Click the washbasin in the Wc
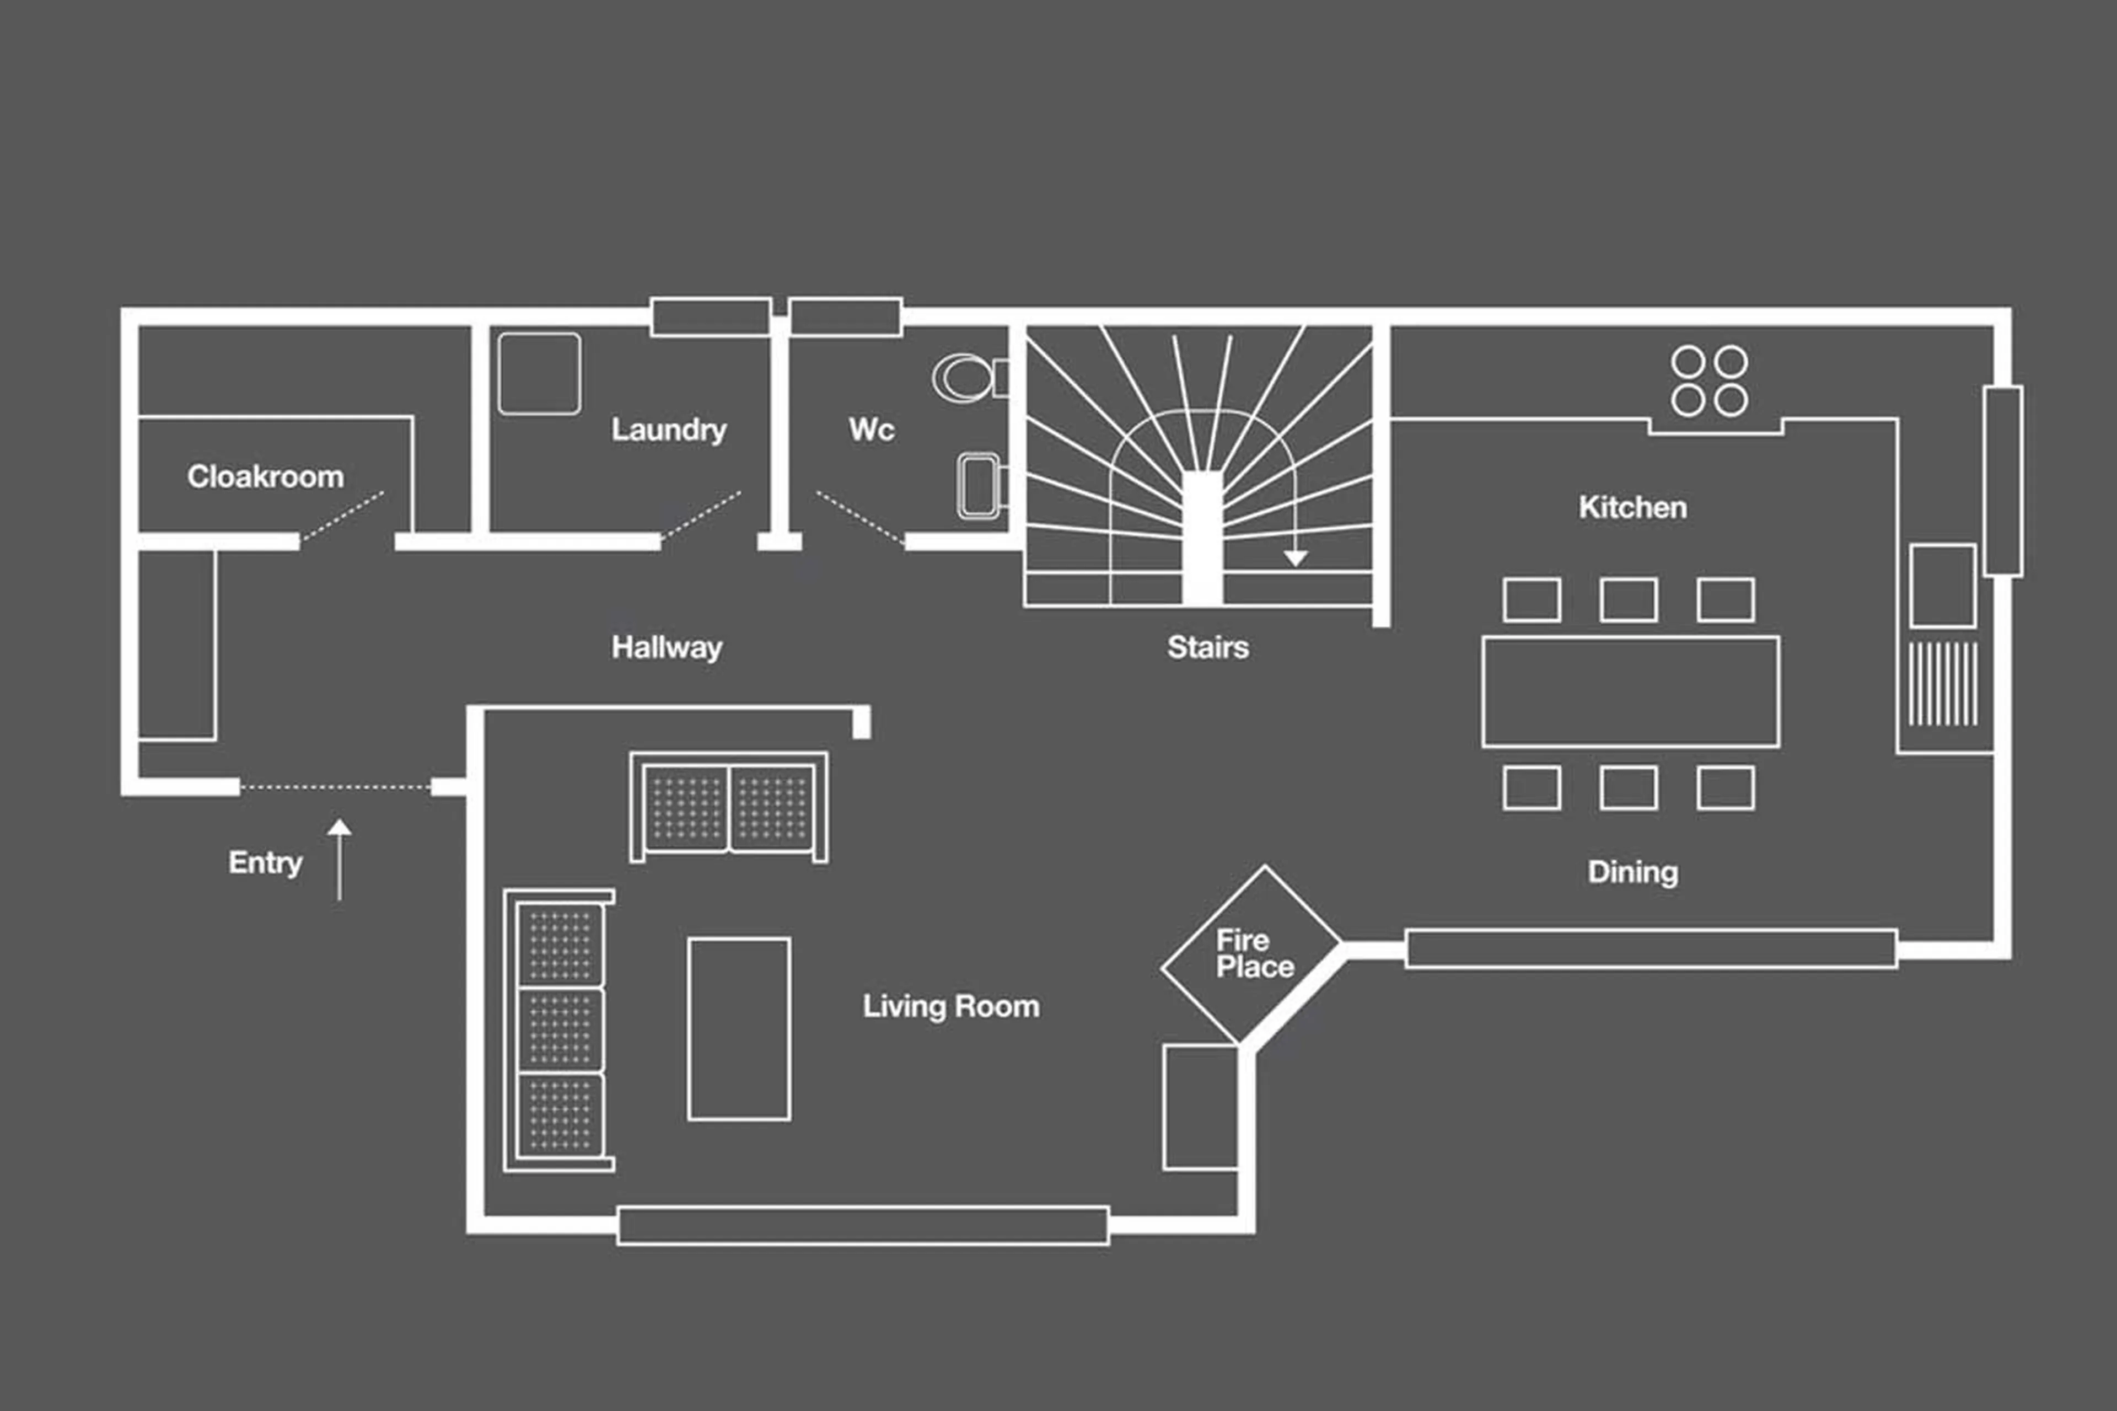click(x=979, y=486)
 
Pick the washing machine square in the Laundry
click(x=539, y=373)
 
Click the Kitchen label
click(x=1632, y=507)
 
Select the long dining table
click(x=1630, y=691)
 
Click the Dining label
click(x=1632, y=872)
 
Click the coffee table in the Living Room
click(x=739, y=1028)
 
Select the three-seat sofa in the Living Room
click(x=560, y=1031)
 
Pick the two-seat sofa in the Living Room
click(x=729, y=806)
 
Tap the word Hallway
click(x=666, y=647)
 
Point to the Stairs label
click(x=1207, y=647)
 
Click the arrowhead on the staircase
click(x=1294, y=558)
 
